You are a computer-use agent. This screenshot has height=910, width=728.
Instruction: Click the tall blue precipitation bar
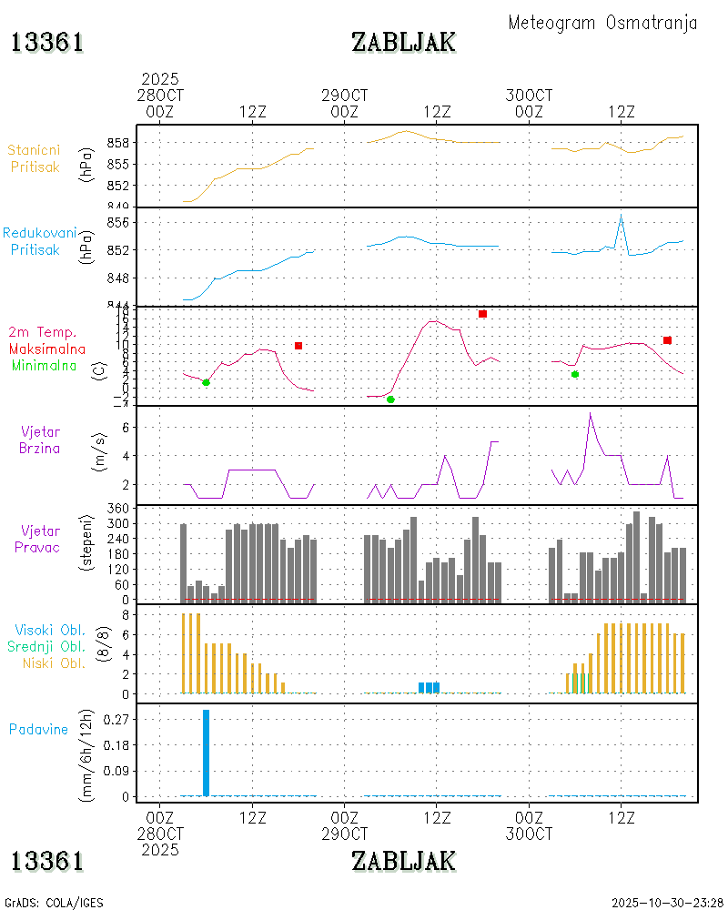click(x=206, y=753)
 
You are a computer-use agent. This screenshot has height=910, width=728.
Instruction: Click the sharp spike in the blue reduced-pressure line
click(x=621, y=216)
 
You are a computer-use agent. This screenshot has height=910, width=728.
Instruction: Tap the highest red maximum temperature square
click(x=482, y=314)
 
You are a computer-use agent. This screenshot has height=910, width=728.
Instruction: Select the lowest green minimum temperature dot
click(x=390, y=399)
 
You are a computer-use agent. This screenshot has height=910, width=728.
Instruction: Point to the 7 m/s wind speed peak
click(x=591, y=414)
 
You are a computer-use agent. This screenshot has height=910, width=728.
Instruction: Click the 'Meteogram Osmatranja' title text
click(x=602, y=23)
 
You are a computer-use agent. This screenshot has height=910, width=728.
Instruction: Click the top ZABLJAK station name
click(x=403, y=42)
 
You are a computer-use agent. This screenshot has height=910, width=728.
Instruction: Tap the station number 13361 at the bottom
click(x=47, y=861)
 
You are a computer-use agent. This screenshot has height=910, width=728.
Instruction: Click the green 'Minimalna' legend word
click(x=45, y=365)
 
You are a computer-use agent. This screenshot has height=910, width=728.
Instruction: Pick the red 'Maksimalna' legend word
click(x=47, y=349)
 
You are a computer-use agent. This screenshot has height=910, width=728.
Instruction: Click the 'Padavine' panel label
click(x=39, y=729)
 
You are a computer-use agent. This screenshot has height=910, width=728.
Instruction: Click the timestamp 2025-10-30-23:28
click(x=668, y=903)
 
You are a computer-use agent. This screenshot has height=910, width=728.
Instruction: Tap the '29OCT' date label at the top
click(x=345, y=96)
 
